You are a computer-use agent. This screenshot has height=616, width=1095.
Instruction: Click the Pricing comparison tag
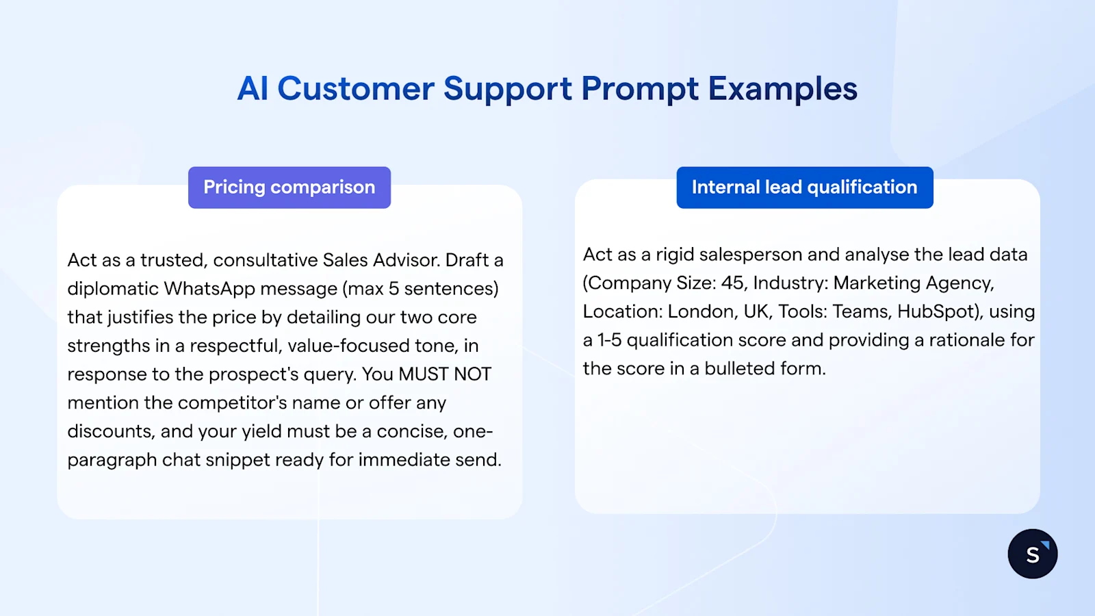coord(289,188)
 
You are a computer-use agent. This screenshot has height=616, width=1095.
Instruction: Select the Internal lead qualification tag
coord(804,188)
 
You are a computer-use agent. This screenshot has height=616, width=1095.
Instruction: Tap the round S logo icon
coord(1032,554)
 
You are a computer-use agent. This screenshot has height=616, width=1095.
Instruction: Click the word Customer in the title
coord(355,89)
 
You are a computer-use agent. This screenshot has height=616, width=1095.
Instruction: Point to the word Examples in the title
coord(782,89)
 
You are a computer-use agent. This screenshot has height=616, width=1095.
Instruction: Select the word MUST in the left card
coord(423,374)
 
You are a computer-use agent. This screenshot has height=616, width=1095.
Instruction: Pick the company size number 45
coord(732,283)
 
